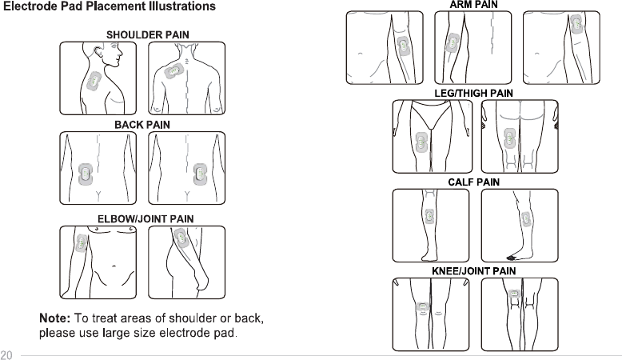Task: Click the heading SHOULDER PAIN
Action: (x=148, y=35)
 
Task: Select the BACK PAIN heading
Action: (x=142, y=125)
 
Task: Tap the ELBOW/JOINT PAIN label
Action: (x=146, y=218)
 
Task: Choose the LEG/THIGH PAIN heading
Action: (x=473, y=94)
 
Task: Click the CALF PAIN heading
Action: (x=473, y=182)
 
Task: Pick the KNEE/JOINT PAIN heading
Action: (x=473, y=271)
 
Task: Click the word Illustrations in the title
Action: (x=179, y=7)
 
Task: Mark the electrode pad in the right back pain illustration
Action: (x=201, y=173)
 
